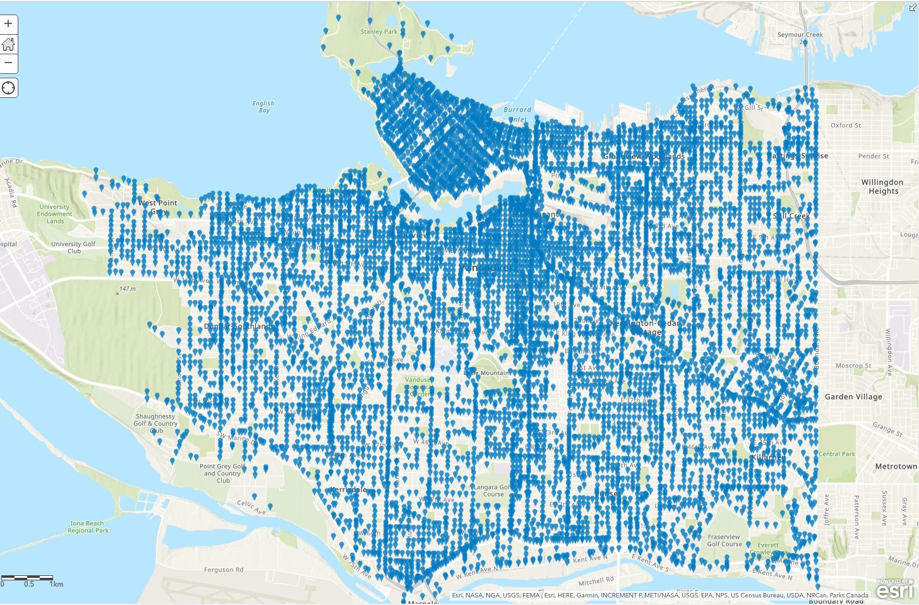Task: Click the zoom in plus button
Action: click(8, 25)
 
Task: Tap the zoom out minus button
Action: click(8, 63)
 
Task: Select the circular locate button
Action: click(8, 88)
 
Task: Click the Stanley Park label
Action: click(379, 32)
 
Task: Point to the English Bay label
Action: click(263, 107)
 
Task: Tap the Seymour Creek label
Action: click(800, 35)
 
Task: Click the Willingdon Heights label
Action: click(882, 186)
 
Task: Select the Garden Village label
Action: click(853, 397)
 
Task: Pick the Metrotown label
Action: click(896, 466)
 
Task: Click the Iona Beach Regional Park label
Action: click(88, 527)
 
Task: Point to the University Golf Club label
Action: click(74, 247)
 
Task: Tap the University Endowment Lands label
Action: click(55, 214)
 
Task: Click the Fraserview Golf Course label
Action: click(724, 541)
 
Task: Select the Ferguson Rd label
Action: click(224, 570)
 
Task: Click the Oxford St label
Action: click(846, 126)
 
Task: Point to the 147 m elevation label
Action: click(128, 289)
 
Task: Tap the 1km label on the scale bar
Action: click(56, 584)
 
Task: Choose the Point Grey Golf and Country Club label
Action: click(222, 473)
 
